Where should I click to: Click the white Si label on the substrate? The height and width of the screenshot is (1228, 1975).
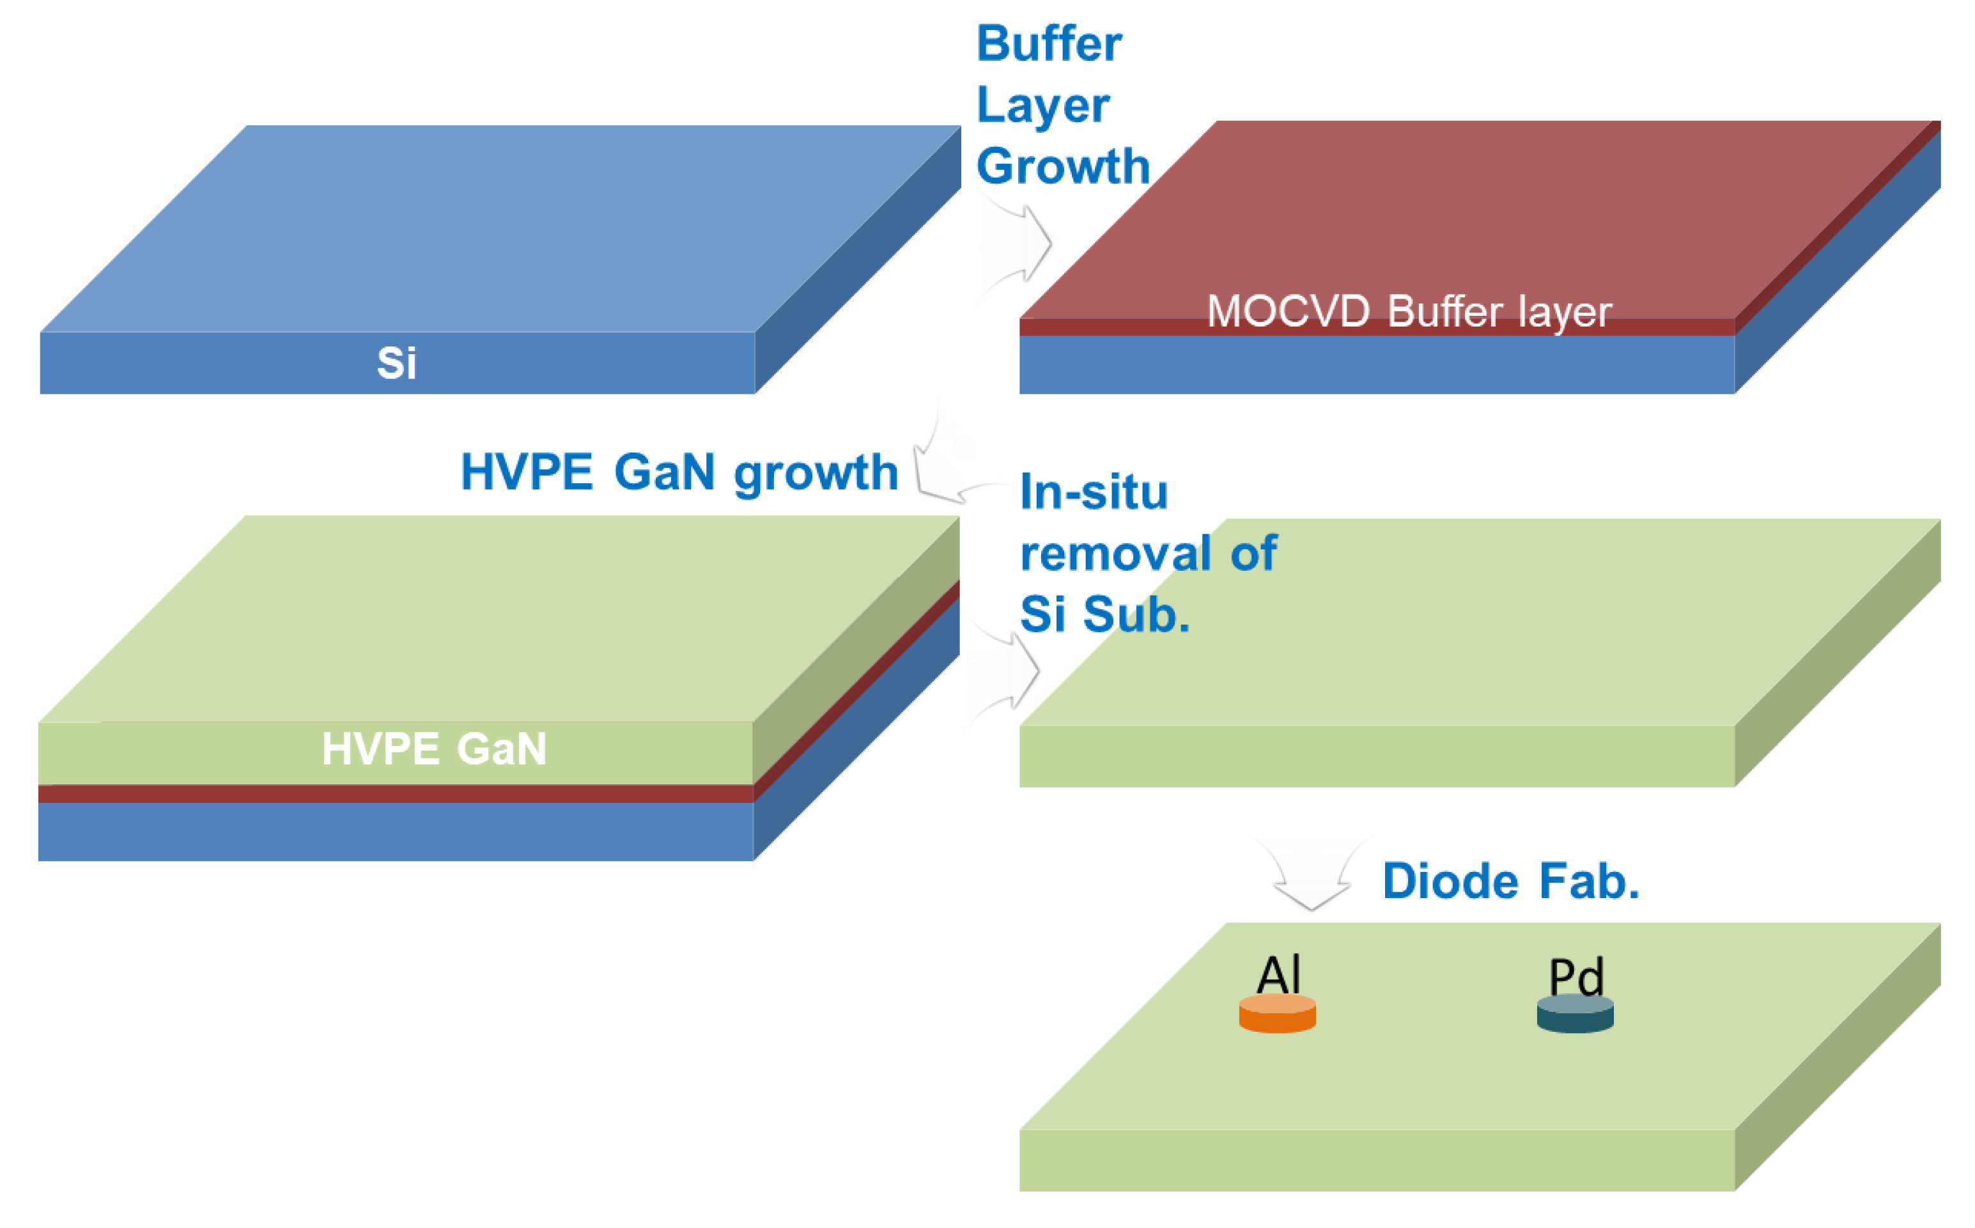pyautogui.click(x=396, y=363)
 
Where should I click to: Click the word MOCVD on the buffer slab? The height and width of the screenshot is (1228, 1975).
pyautogui.click(x=1288, y=312)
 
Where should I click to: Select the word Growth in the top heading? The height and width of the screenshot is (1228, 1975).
pyautogui.click(x=1063, y=166)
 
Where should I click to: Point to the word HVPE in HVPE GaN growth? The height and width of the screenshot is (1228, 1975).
pyautogui.click(x=526, y=472)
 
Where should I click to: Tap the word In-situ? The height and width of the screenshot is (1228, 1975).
pyautogui.click(x=1094, y=492)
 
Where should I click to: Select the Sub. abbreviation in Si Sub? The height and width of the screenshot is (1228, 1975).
pyautogui.click(x=1136, y=615)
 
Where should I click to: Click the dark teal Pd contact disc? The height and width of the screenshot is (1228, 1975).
pyautogui.click(x=1575, y=1014)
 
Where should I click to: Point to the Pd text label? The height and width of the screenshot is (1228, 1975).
pyautogui.click(x=1576, y=975)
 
